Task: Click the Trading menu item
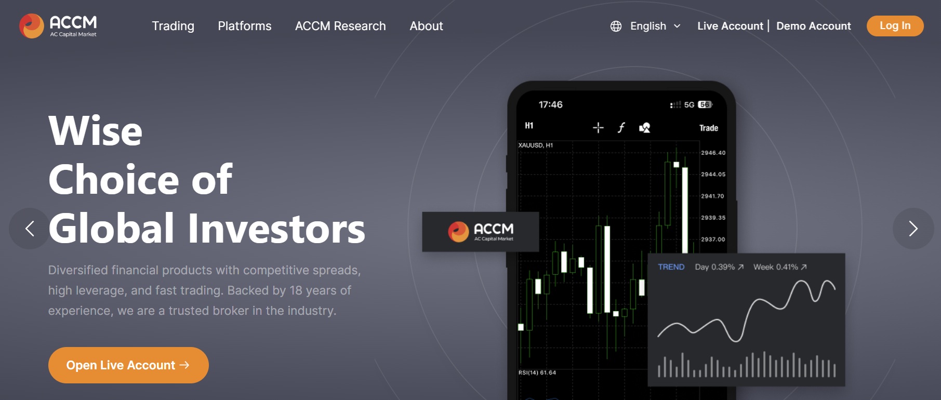(x=173, y=26)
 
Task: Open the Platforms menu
(x=245, y=26)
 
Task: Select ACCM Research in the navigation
(x=340, y=26)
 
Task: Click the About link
(x=426, y=26)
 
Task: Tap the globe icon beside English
(x=616, y=26)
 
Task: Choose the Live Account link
(x=730, y=26)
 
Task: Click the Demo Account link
(x=814, y=26)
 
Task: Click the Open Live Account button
(x=128, y=365)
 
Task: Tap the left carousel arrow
(x=30, y=229)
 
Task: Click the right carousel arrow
(x=913, y=229)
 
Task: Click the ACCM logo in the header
(x=58, y=26)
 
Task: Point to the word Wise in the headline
(x=95, y=131)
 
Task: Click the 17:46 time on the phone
(x=550, y=104)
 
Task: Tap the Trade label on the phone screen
(x=709, y=128)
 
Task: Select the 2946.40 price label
(x=713, y=153)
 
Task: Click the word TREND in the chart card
(x=671, y=267)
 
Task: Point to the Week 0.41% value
(x=780, y=267)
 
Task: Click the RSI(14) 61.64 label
(x=537, y=372)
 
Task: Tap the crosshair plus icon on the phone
(x=598, y=128)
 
